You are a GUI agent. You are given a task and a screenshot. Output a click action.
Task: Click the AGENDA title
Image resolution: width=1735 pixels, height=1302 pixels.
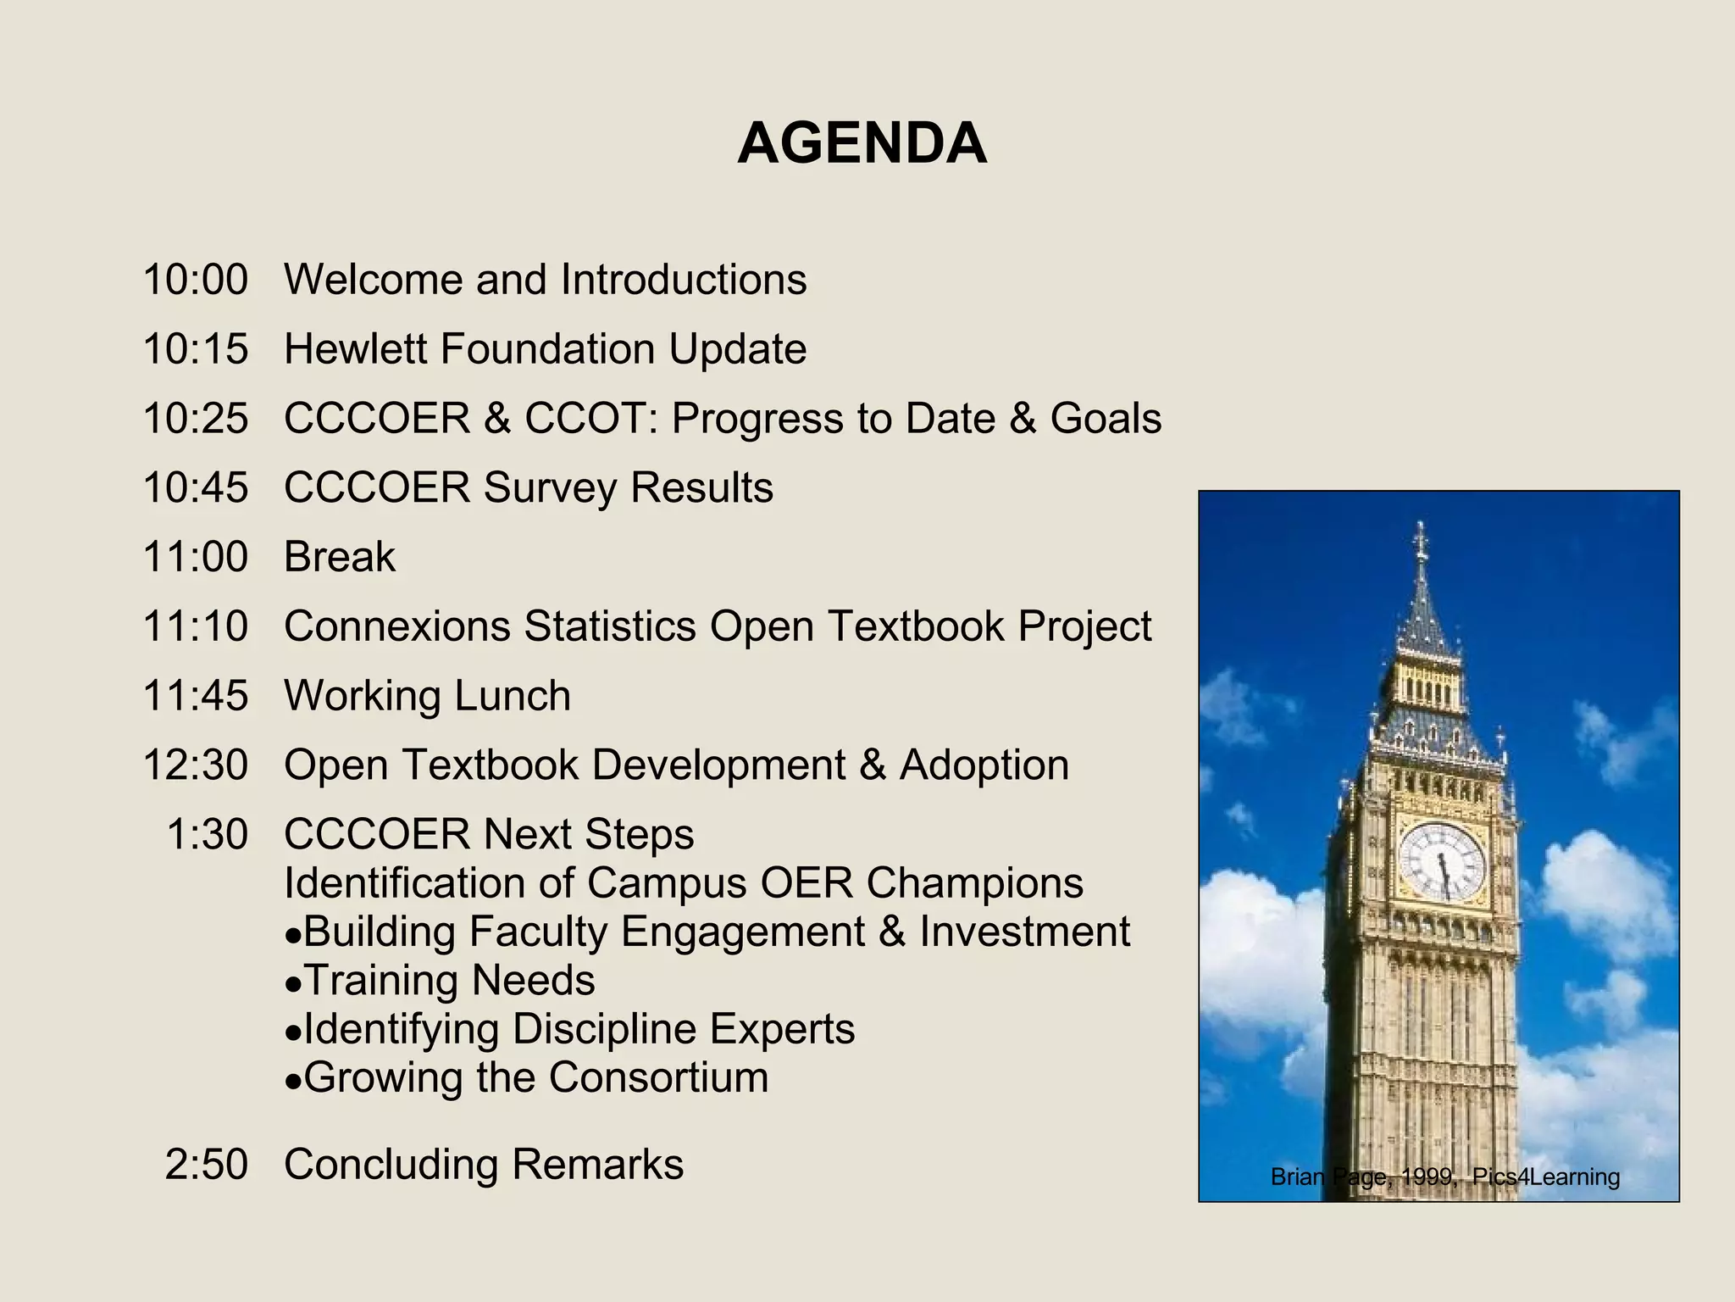(x=862, y=142)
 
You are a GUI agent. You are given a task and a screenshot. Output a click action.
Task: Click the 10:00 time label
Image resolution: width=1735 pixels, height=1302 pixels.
(x=196, y=280)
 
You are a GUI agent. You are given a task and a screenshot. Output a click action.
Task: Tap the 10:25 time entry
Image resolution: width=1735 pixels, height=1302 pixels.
(x=196, y=419)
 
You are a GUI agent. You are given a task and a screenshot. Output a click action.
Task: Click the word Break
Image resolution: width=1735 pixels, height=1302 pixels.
(x=339, y=557)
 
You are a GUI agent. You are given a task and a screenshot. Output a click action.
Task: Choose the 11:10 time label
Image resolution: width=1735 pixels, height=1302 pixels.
(x=196, y=626)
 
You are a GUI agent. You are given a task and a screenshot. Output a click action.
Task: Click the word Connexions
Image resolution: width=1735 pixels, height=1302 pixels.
(x=396, y=626)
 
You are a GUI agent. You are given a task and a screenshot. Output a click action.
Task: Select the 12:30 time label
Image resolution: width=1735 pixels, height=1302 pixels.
(x=196, y=765)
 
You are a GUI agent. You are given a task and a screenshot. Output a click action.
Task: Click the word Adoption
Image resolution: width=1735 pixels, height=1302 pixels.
(x=984, y=765)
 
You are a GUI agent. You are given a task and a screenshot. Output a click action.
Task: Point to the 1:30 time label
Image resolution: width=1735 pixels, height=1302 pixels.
(x=208, y=835)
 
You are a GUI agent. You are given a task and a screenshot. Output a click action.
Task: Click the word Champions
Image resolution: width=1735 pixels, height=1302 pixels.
(x=974, y=883)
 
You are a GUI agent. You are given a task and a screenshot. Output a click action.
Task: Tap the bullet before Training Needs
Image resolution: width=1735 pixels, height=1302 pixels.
(x=293, y=984)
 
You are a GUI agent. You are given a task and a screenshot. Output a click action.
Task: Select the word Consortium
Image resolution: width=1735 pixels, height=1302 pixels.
(x=658, y=1078)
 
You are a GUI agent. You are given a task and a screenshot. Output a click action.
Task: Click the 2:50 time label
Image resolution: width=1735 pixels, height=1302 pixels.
(x=207, y=1165)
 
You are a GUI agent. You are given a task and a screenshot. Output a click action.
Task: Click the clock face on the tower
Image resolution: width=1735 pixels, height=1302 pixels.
(x=1441, y=861)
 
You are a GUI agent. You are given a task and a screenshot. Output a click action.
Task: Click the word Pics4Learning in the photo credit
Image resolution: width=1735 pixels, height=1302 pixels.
(x=1546, y=1177)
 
